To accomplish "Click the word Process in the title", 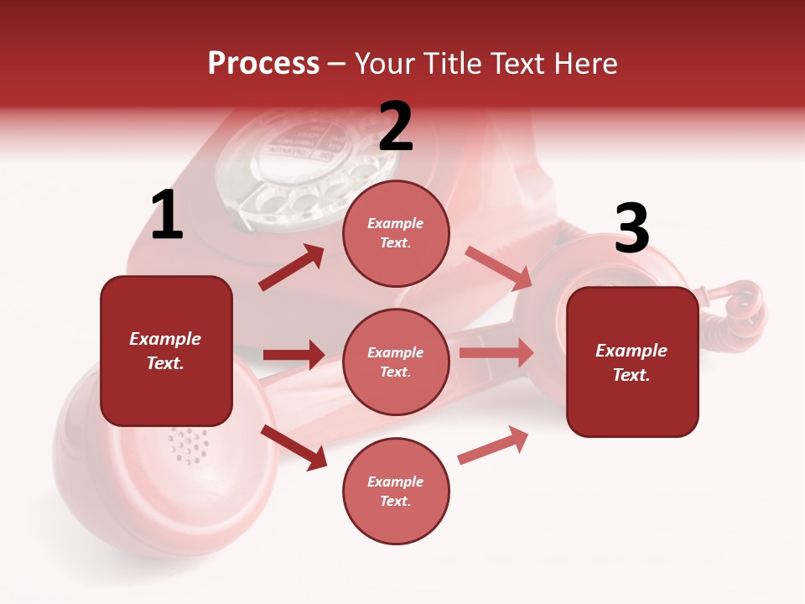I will pyautogui.click(x=263, y=64).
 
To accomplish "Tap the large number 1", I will pyautogui.click(x=167, y=216).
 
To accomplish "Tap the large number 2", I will pyautogui.click(x=396, y=127).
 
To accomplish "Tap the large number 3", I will pyautogui.click(x=631, y=228).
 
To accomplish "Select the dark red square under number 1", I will pyautogui.click(x=166, y=351).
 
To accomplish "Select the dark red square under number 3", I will pyautogui.click(x=632, y=362).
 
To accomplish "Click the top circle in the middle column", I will pyautogui.click(x=396, y=233).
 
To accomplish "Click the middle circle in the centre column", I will pyautogui.click(x=396, y=362).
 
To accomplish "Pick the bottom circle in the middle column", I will pyautogui.click(x=396, y=491).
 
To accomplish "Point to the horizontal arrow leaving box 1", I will pyautogui.click(x=293, y=355).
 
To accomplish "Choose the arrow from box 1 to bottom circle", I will pyautogui.click(x=294, y=447).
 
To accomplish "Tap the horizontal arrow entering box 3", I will pyautogui.click(x=496, y=353).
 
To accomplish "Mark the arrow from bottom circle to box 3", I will pyautogui.click(x=493, y=445).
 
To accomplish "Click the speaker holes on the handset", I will pyautogui.click(x=190, y=445).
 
